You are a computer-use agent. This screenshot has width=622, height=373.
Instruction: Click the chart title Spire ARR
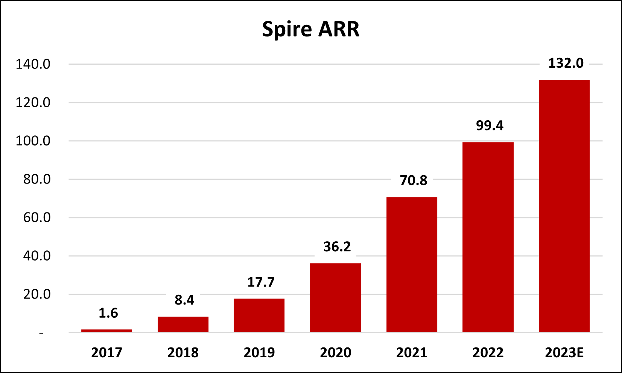[311, 29]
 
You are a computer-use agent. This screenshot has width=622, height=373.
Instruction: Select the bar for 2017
[107, 331]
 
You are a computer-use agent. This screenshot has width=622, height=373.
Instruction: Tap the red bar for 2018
[183, 324]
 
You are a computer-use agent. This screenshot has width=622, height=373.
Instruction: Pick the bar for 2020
[335, 298]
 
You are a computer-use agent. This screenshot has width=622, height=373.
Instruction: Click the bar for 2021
[412, 265]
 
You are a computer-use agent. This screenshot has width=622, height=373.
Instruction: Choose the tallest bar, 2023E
[564, 206]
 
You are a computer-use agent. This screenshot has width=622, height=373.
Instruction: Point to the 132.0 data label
[566, 63]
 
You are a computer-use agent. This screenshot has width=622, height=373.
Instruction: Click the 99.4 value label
[490, 126]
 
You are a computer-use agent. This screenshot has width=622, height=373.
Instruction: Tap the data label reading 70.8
[414, 180]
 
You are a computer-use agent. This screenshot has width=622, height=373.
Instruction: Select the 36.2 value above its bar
[337, 247]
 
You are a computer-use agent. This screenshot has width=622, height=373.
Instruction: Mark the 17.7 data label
[261, 282]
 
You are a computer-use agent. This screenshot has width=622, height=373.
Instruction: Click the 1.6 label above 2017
[108, 313]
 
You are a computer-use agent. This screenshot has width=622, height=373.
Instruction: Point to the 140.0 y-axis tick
[33, 64]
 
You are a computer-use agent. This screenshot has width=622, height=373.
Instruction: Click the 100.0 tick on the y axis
[33, 141]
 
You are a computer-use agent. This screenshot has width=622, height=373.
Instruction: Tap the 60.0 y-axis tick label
[36, 218]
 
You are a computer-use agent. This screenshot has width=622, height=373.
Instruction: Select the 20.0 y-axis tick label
[36, 294]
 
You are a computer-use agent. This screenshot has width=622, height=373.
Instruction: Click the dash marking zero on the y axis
[41, 333]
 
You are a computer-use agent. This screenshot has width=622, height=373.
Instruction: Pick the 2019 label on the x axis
[259, 353]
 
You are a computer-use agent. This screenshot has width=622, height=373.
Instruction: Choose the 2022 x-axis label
[488, 353]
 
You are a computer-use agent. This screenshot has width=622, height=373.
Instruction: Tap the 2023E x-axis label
[564, 353]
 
